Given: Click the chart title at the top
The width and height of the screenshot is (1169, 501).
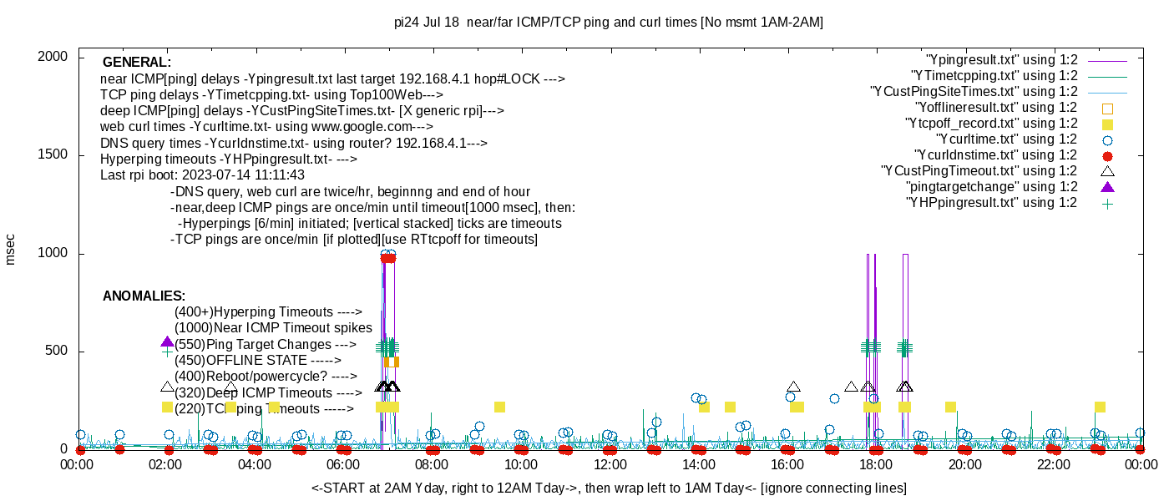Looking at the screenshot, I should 608,23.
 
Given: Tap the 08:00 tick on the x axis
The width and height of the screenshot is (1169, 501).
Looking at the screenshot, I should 432,465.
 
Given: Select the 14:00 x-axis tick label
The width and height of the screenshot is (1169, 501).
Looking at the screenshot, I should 698,465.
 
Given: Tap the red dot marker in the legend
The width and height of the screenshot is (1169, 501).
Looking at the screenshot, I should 1108,155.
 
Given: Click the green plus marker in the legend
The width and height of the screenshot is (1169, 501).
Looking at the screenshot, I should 1108,203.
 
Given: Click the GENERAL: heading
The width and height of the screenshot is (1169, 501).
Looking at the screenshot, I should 136,63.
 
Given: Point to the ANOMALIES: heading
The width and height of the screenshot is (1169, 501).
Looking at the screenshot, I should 144,296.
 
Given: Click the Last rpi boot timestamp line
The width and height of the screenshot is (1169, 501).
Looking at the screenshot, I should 202,175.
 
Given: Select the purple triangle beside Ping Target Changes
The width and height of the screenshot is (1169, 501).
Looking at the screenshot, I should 167,342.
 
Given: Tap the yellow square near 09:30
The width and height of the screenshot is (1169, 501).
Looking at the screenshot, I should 499,407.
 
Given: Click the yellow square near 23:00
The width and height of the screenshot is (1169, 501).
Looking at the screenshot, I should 1100,407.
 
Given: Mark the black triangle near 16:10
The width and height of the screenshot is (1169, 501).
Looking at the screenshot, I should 793,387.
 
